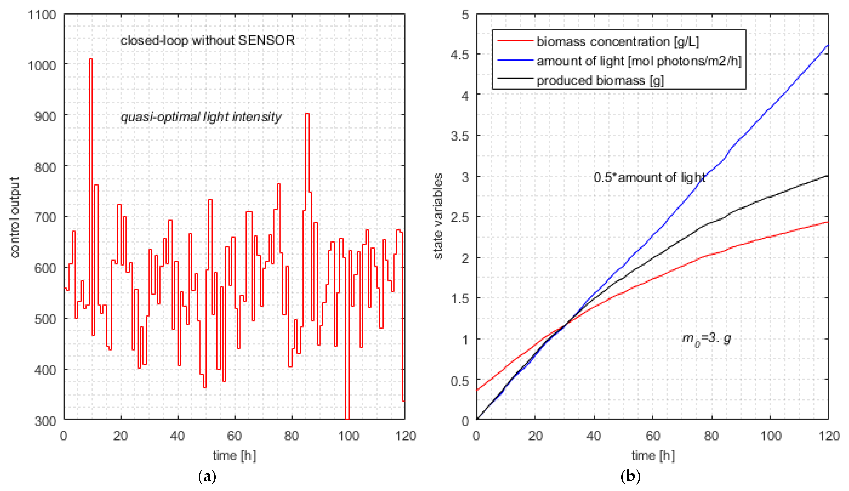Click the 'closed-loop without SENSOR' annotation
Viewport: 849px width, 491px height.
pos(207,40)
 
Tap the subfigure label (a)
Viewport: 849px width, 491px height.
pos(207,476)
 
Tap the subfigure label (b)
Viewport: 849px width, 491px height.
pos(630,476)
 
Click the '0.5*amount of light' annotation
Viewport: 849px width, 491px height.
pos(649,177)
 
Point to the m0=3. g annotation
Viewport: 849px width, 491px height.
pos(706,338)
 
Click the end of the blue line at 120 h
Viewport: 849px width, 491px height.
pos(827,45)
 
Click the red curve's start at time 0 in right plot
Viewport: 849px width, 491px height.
pos(477,390)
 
